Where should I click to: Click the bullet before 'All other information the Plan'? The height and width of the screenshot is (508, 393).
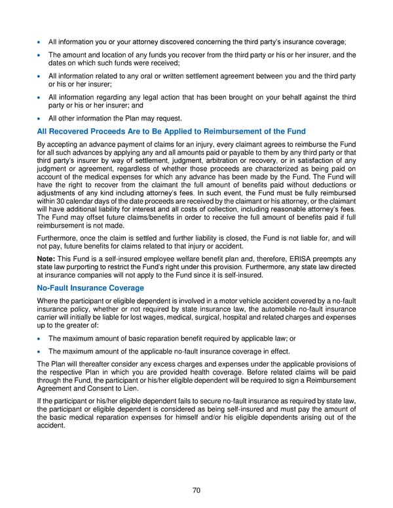(x=40, y=119)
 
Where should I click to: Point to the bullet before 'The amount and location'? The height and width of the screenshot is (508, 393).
(x=40, y=55)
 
